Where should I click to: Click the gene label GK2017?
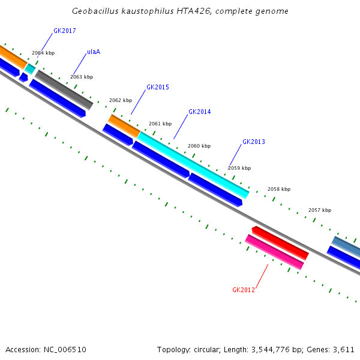(x=64, y=31)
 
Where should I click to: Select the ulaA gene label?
(x=94, y=52)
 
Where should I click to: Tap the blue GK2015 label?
(x=157, y=87)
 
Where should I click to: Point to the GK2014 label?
(x=199, y=112)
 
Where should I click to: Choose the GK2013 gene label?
(x=253, y=142)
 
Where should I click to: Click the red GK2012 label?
(x=244, y=290)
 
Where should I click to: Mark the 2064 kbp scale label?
(x=43, y=53)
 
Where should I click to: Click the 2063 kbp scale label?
(x=82, y=77)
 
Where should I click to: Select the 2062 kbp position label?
(x=120, y=101)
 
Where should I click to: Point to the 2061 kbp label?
(x=160, y=124)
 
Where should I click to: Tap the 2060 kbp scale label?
(x=199, y=146)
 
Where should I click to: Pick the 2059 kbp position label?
(x=239, y=168)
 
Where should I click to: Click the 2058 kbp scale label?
(x=279, y=189)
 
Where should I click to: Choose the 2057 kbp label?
(x=320, y=210)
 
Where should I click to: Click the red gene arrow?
(x=280, y=243)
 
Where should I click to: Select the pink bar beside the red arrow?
(x=274, y=252)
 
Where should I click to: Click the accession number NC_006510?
(x=62, y=349)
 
